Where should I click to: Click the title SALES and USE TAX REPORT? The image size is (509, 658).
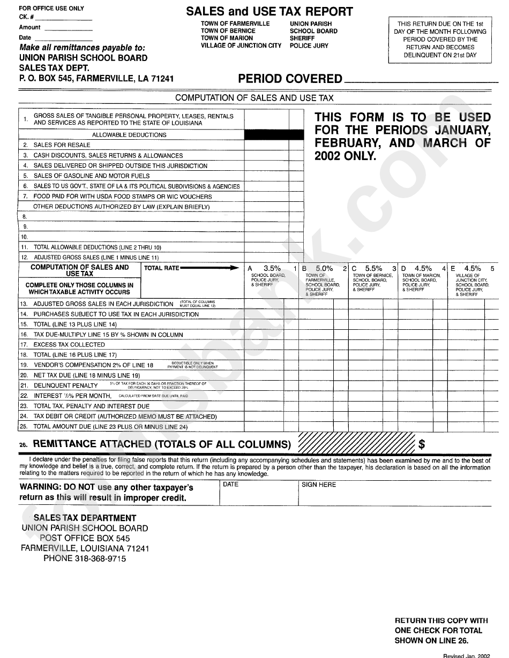click(269, 11)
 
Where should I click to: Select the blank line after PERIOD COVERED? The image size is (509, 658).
click(418, 81)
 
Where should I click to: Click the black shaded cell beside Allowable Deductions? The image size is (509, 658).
click(274, 135)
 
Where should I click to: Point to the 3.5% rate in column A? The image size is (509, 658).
click(272, 268)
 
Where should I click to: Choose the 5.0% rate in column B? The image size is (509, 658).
click(324, 268)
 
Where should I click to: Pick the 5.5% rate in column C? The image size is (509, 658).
click(373, 268)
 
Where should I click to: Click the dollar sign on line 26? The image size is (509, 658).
click(422, 444)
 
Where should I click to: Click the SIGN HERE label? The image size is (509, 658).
click(319, 485)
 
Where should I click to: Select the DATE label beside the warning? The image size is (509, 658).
click(230, 485)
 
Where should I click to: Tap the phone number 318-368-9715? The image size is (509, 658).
click(99, 558)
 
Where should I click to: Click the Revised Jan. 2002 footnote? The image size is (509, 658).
click(466, 655)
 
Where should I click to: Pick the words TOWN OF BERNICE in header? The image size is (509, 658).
click(228, 31)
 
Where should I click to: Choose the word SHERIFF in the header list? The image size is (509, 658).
click(302, 39)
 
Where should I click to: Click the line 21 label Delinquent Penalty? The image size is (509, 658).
click(65, 385)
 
